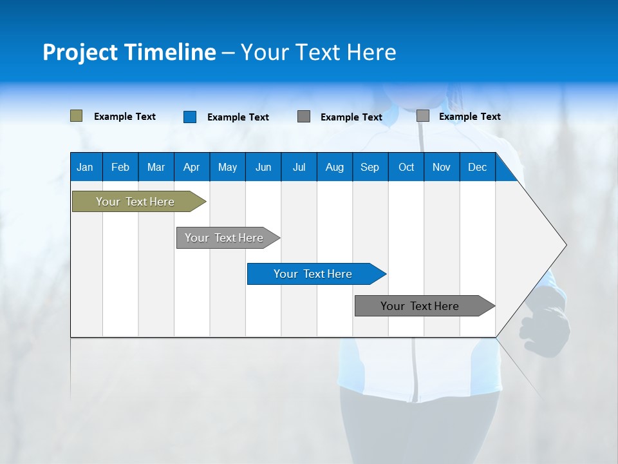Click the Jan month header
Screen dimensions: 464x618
[85, 167]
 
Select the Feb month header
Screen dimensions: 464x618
[120, 167]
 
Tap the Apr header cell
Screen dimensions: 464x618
[191, 167]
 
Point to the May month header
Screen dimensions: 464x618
[227, 167]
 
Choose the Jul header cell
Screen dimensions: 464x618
[299, 167]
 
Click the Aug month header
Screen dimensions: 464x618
[334, 167]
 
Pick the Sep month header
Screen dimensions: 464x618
[370, 167]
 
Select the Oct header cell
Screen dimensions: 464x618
[406, 167]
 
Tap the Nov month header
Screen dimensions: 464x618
[442, 167]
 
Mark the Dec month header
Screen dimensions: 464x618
[477, 167]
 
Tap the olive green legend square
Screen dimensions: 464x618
[76, 116]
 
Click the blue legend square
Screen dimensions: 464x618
[189, 117]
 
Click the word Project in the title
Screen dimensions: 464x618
[80, 52]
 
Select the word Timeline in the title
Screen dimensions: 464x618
[170, 52]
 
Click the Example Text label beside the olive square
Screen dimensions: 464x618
[125, 117]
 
